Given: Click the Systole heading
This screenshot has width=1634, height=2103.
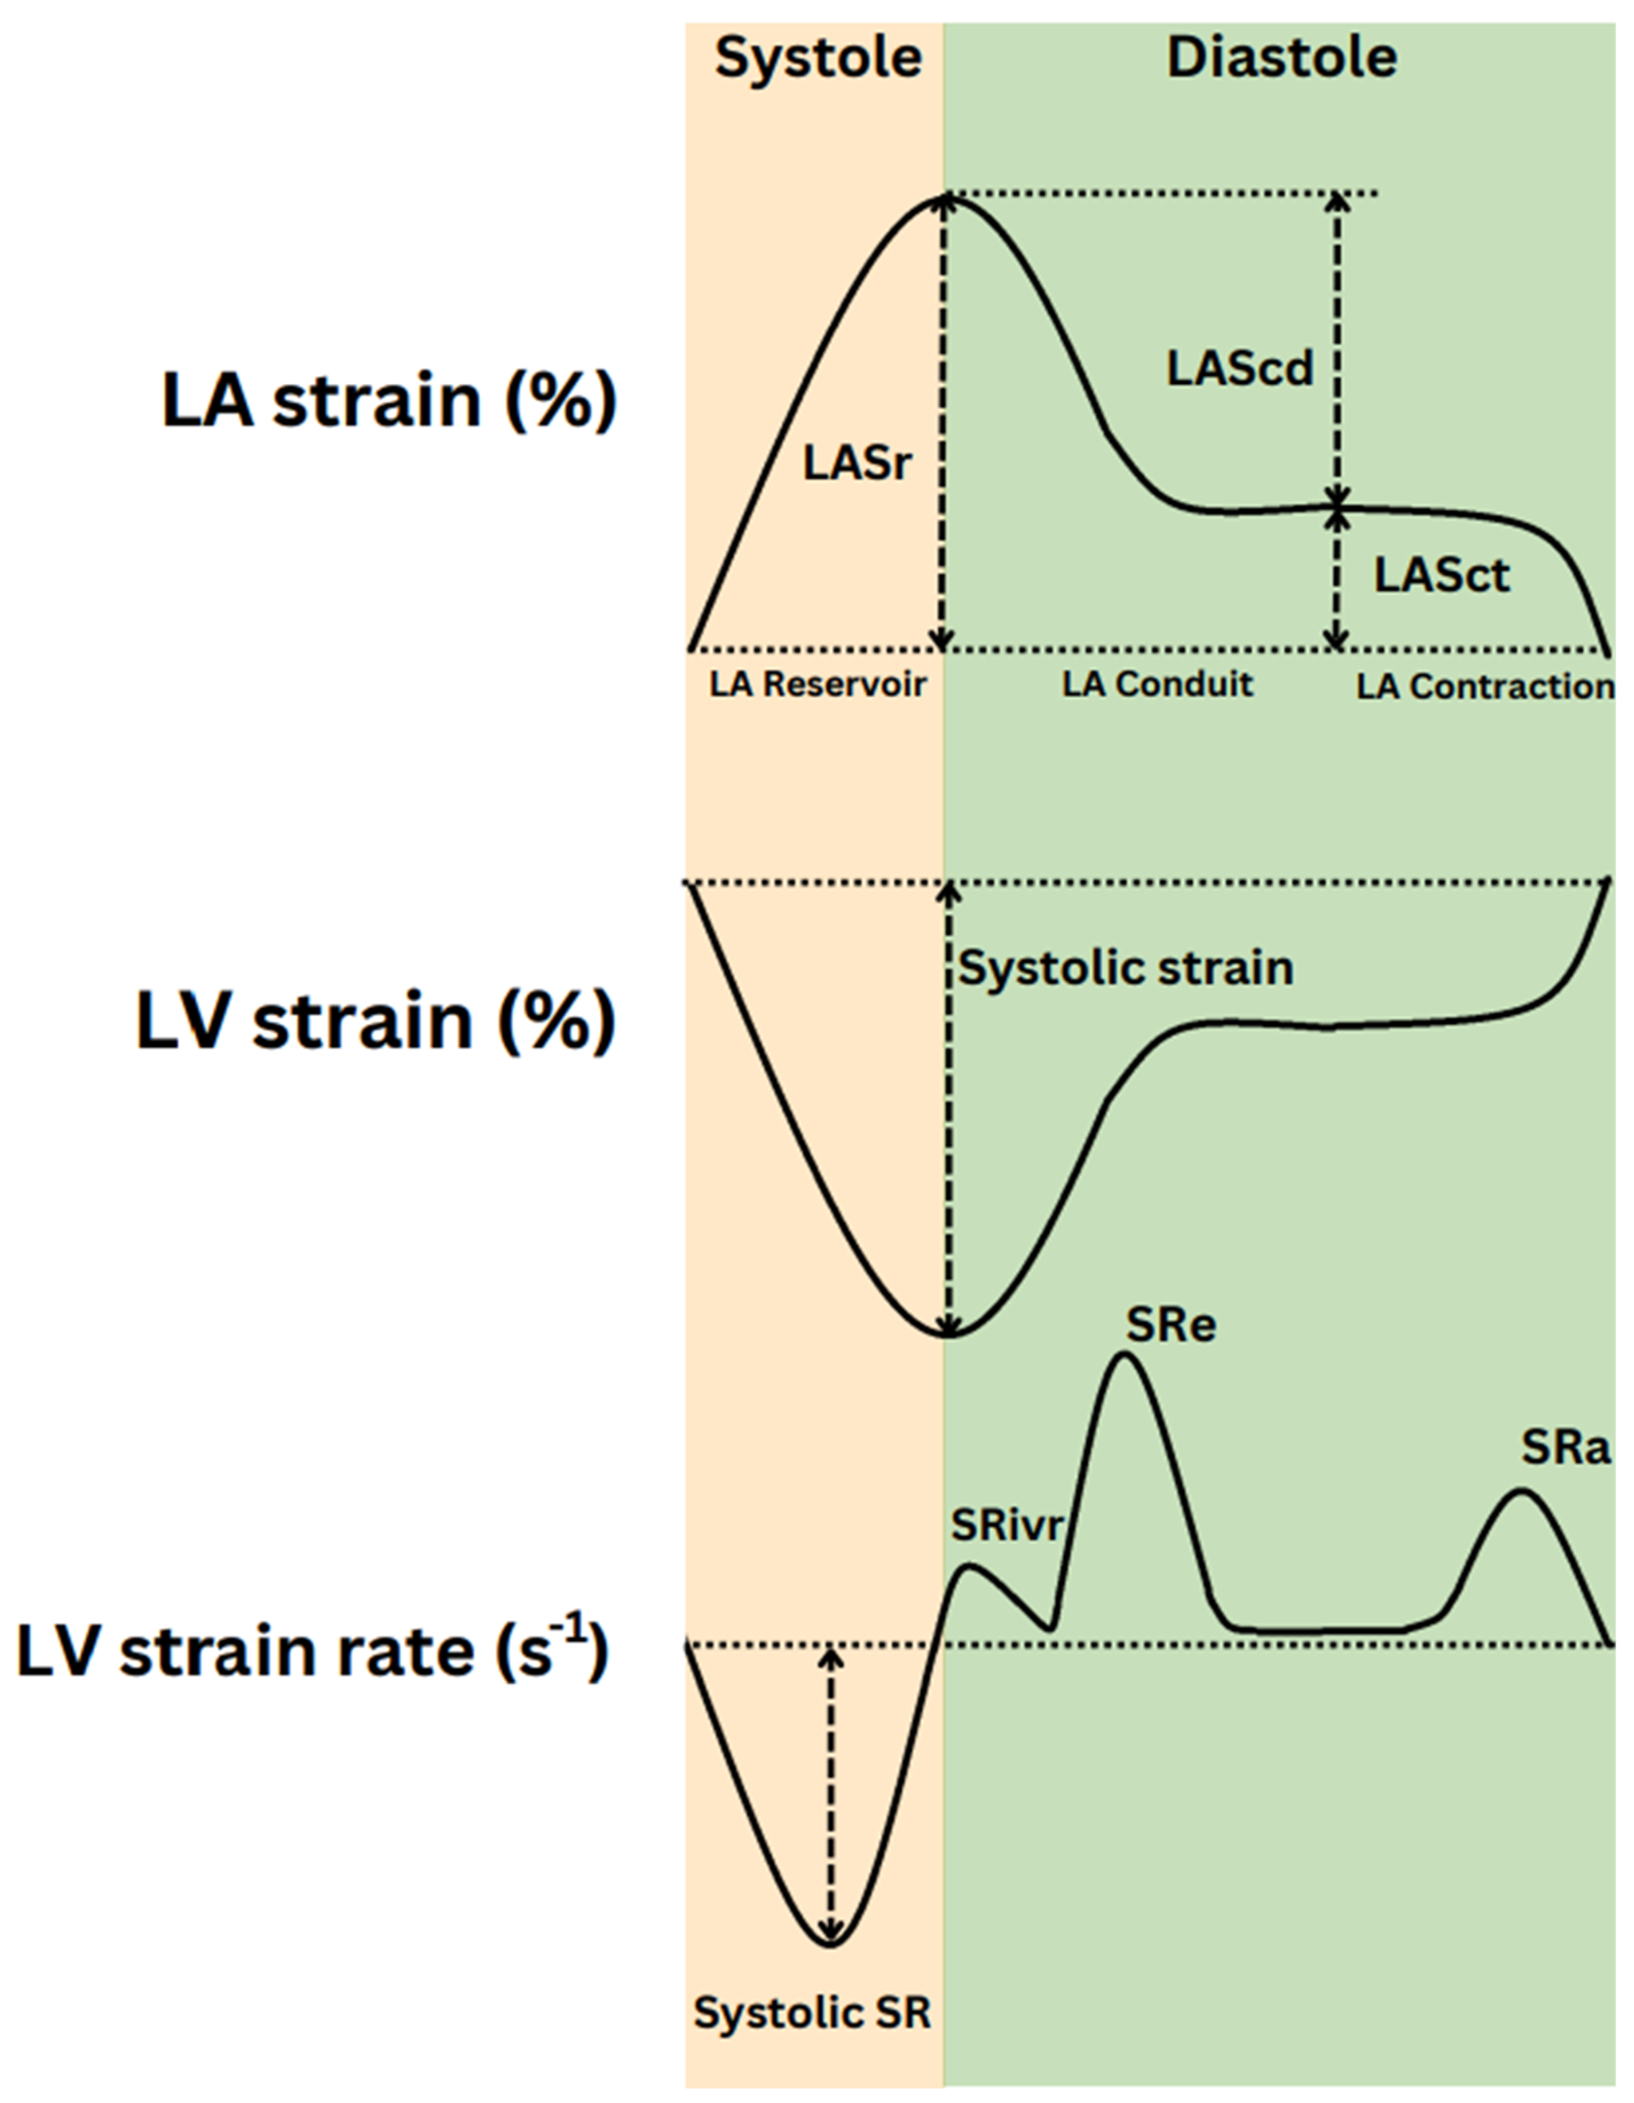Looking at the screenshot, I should coord(818,59).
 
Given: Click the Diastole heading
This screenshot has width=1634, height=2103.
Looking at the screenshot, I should coord(1281,59).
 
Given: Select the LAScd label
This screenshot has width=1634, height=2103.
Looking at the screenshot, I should coord(1240,369).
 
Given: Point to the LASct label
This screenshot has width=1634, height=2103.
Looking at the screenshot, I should coord(1442,576).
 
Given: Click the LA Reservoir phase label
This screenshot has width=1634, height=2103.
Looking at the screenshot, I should coord(818,685).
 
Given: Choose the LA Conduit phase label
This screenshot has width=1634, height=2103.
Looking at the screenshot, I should coord(1158,685).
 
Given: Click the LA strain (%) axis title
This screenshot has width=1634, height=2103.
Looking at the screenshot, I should coord(388,401).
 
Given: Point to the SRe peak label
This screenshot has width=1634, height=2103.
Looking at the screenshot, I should coord(1171,1325).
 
